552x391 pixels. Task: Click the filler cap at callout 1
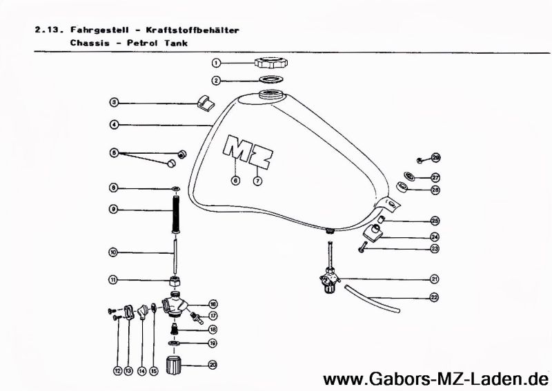pos(269,63)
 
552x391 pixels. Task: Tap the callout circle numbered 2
pos(216,81)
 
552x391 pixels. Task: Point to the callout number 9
pos(114,209)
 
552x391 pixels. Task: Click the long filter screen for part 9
pos(175,209)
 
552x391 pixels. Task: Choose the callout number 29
pos(435,157)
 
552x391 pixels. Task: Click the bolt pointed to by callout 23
pos(362,247)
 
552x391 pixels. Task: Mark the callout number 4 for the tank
pos(114,125)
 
